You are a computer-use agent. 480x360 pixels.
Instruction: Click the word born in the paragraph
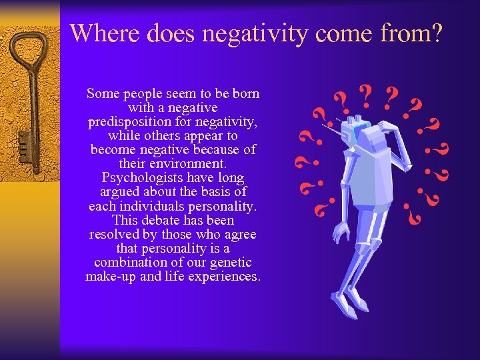coord(245,94)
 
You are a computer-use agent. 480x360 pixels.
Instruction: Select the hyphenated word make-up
coord(110,276)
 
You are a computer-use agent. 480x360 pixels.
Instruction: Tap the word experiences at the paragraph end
coord(225,276)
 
